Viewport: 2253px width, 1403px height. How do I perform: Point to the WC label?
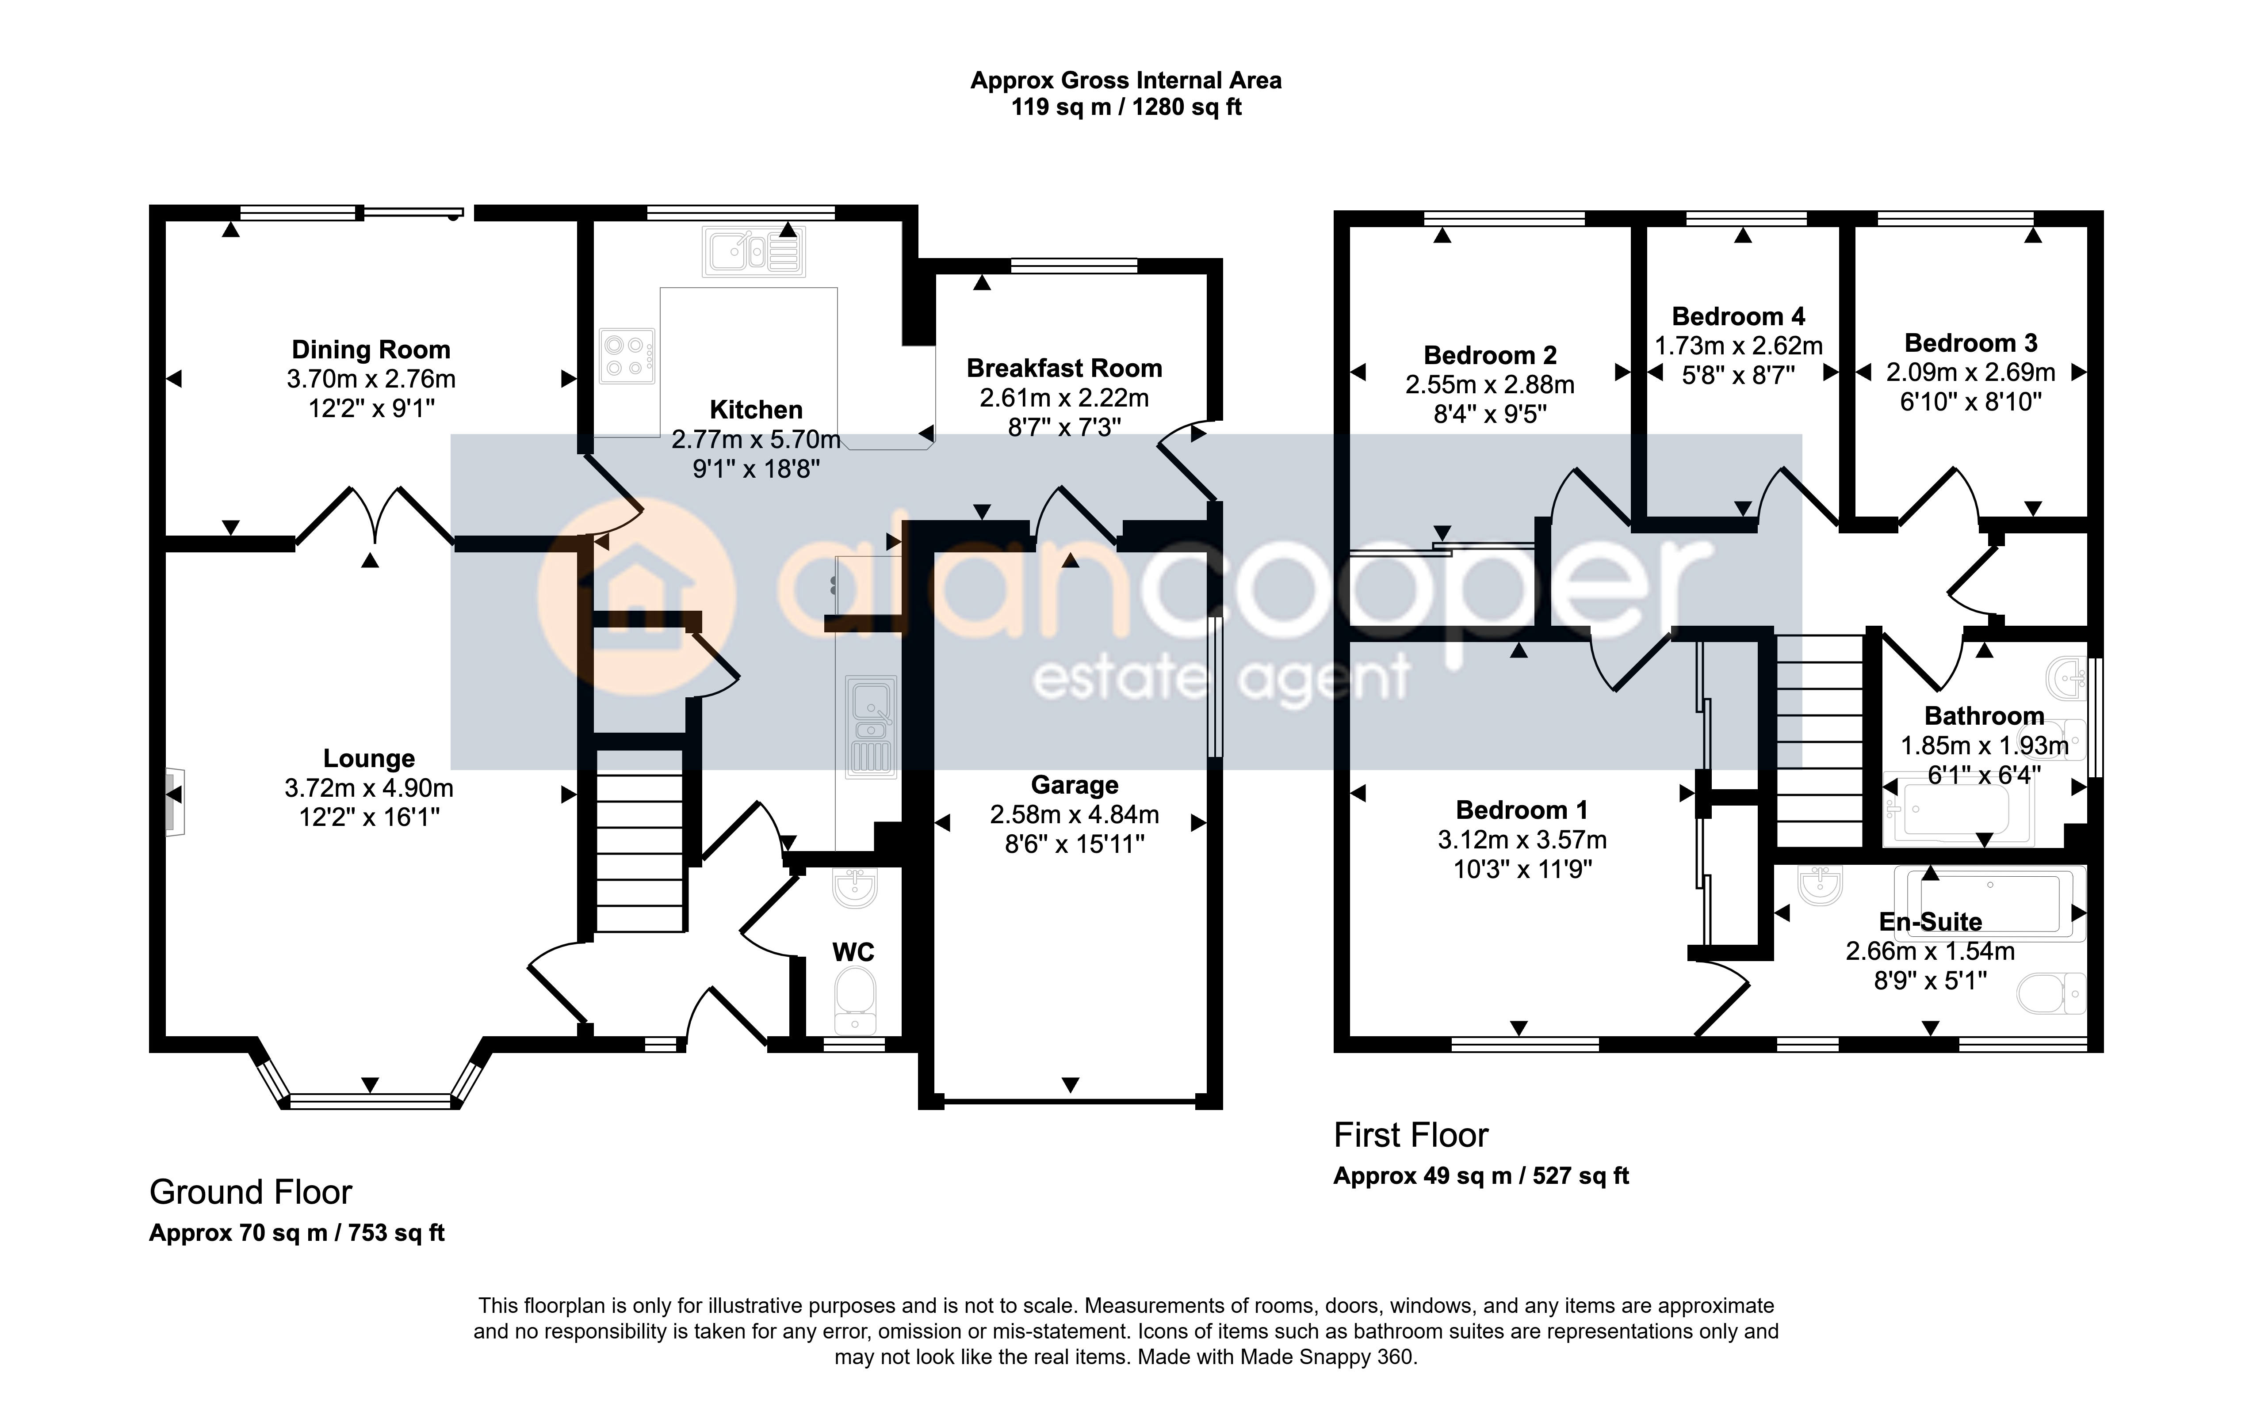click(x=853, y=952)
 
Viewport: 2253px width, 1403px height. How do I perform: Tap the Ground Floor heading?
click(x=251, y=1192)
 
